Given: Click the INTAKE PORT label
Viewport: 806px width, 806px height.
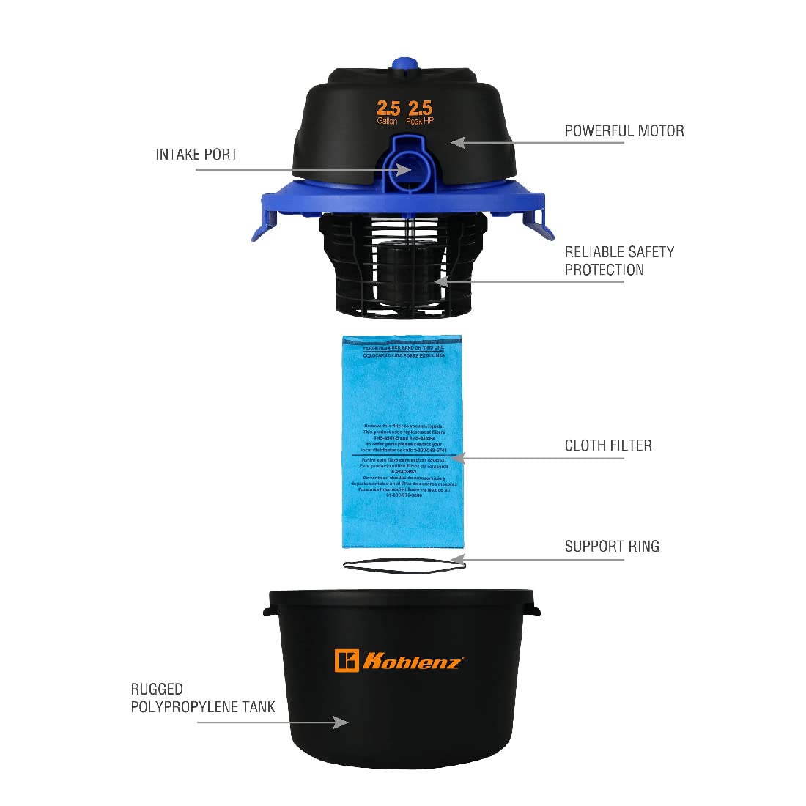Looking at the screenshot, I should coord(196,155).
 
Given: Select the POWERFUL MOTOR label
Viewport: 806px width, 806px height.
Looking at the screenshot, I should coord(624,131).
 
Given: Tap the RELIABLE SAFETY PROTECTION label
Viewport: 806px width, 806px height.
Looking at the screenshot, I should coord(619,261).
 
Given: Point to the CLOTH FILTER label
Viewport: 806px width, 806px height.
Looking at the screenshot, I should coord(607,445).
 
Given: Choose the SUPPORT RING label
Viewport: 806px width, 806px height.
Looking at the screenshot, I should coord(611,547).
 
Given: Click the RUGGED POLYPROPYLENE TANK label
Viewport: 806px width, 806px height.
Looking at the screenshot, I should coord(202,698).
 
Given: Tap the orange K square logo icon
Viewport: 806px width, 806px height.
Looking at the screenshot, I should coord(346,660).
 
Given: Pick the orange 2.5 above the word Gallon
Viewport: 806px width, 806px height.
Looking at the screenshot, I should coord(388,108).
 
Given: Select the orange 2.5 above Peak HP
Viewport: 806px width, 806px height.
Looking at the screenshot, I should coord(420,108).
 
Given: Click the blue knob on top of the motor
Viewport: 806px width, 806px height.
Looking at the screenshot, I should coord(404,64).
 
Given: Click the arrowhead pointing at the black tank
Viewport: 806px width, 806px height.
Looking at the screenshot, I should coord(340,722).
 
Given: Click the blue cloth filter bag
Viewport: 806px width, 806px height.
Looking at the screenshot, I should coord(403,440).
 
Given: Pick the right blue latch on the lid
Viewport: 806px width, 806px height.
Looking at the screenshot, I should coord(541,221).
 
